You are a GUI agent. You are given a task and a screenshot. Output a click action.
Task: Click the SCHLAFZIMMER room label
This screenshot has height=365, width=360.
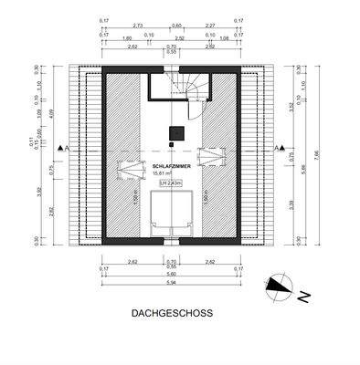coord(172,165)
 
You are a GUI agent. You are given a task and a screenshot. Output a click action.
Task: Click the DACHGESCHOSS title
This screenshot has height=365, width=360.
coord(172,312)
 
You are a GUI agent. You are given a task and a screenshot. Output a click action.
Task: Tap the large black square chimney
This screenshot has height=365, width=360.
coord(172,132)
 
